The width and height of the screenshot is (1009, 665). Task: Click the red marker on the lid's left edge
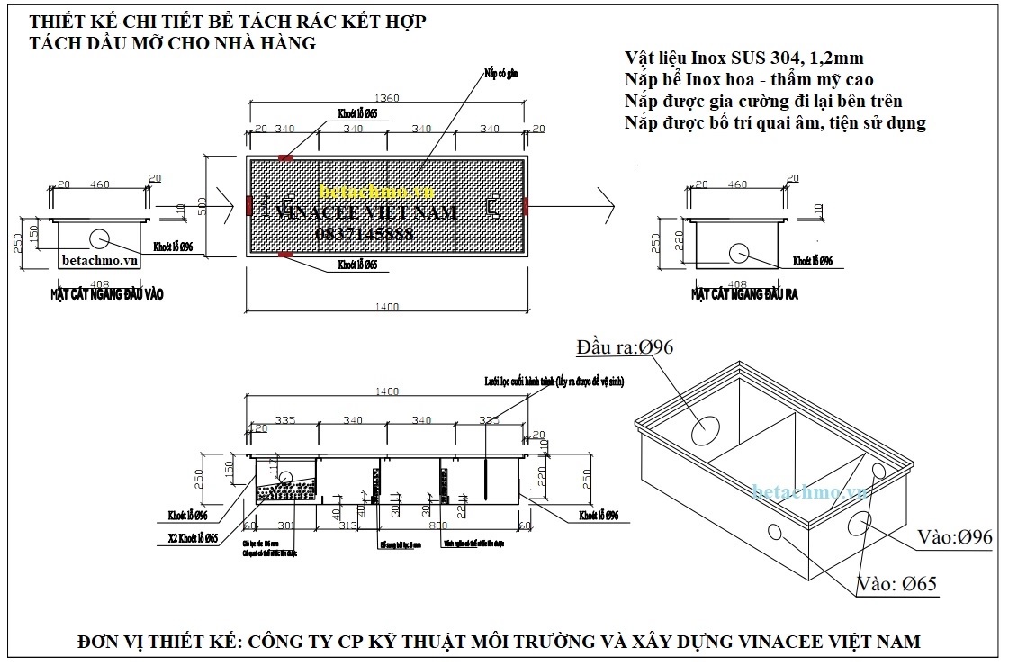pos(249,206)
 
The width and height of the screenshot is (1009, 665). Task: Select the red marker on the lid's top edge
pos(285,157)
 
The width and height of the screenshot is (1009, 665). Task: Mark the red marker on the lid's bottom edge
pos(285,255)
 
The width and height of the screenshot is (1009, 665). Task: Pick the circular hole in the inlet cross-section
pos(99,238)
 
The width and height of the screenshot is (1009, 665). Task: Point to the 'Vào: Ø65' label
pos(897,584)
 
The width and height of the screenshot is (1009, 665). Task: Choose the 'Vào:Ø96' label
pos(954,537)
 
